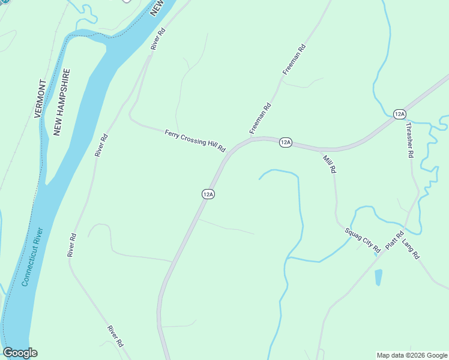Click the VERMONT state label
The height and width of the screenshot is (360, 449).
click(x=40, y=98)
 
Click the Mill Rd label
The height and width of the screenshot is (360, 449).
click(x=330, y=162)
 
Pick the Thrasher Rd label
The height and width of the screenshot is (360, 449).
click(x=410, y=140)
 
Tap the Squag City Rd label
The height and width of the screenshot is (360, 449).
click(x=363, y=239)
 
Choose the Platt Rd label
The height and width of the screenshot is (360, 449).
click(x=394, y=241)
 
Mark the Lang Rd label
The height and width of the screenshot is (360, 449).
click(x=411, y=248)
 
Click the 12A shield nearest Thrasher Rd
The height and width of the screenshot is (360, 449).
click(x=400, y=114)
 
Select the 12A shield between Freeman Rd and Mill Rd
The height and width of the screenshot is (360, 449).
click(x=285, y=142)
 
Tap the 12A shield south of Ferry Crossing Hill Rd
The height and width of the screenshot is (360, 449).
click(x=208, y=194)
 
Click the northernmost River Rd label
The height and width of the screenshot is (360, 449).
click(x=158, y=38)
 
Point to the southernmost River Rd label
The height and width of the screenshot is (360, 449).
click(x=115, y=336)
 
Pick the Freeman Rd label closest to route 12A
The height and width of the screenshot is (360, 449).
click(x=261, y=119)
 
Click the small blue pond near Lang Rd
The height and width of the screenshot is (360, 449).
click(x=378, y=277)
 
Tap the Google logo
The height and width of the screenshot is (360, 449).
click(x=20, y=353)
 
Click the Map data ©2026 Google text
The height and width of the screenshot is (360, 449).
click(x=412, y=355)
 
